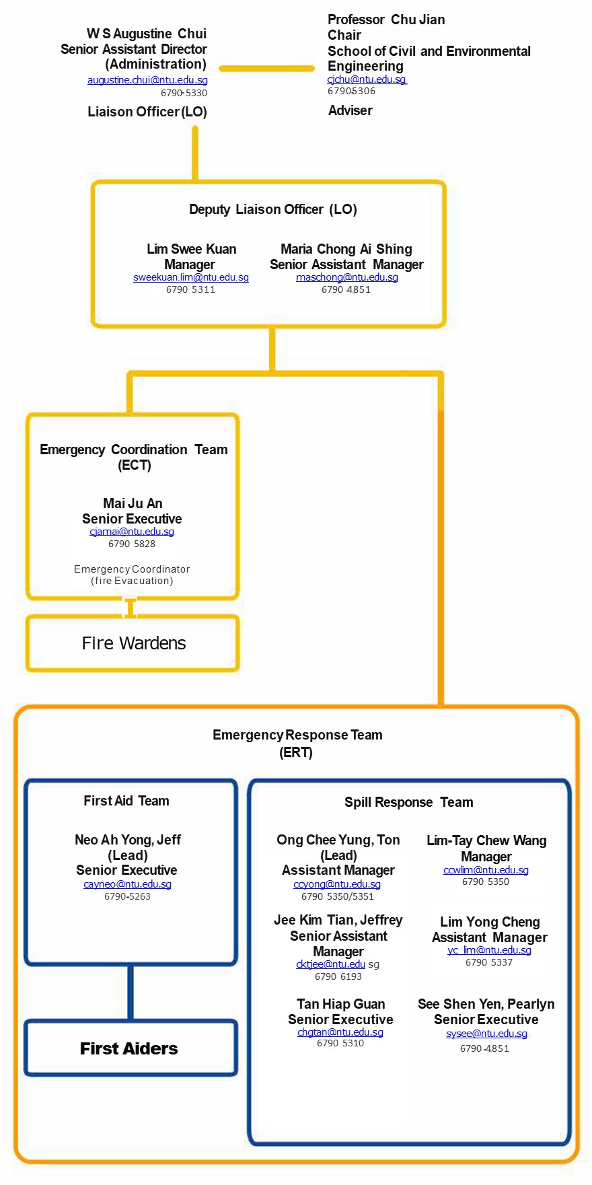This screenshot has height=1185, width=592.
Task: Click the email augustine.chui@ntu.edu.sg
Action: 147,80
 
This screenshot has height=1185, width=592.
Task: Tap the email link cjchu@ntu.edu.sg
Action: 367,79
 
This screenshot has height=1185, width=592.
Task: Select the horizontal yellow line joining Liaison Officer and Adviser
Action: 267,68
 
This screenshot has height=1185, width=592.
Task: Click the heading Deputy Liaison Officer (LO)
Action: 273,209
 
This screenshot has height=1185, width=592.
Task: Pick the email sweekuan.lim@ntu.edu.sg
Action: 191,277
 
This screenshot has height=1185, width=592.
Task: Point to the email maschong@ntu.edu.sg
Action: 347,277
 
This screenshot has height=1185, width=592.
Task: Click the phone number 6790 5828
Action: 132,544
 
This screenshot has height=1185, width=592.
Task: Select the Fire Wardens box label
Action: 134,643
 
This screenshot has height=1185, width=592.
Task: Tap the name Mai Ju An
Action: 133,503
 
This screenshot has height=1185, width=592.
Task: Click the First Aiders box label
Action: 129,1048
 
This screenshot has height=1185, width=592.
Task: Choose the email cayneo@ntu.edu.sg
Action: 127,884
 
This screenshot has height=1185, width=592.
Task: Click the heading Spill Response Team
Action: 409,802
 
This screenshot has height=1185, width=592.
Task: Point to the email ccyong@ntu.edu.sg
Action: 337,884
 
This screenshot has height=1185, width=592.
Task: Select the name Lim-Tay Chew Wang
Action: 486,840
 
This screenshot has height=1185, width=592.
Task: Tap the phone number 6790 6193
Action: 338,976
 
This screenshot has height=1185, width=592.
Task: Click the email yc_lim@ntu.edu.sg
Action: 489,950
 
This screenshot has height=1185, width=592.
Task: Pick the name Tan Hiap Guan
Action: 341,1004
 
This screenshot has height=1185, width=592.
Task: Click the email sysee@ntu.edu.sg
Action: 486,1034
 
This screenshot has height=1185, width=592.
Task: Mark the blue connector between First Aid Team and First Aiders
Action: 131,993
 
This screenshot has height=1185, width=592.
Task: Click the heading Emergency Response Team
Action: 297,735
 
